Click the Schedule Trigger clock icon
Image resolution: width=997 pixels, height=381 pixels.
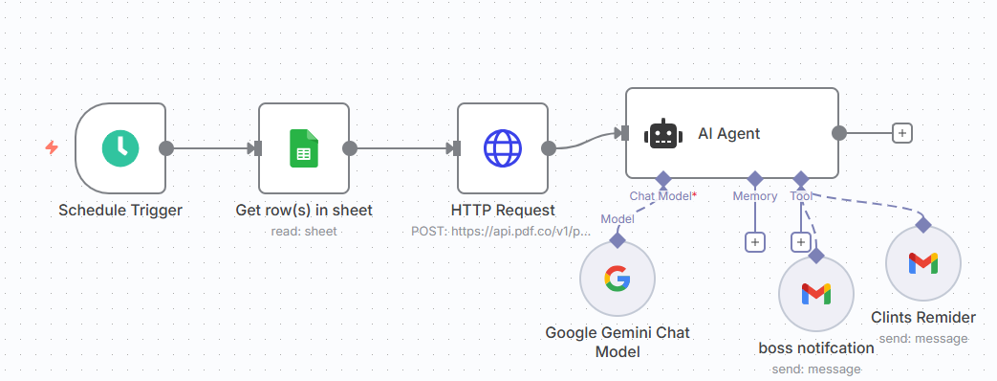pos(120,147)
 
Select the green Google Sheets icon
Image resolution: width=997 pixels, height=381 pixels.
pos(303,148)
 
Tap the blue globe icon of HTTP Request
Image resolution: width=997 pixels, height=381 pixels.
pos(502,148)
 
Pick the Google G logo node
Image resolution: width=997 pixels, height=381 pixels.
pos(617,279)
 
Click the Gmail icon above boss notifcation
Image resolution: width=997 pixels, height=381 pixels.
pos(815,293)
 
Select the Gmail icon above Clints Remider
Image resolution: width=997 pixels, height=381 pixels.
pos(922,263)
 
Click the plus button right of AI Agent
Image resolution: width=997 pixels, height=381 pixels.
pos(900,133)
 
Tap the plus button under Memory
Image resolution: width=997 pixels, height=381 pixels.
pos(755,243)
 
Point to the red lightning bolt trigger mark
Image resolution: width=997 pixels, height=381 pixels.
pos(52,147)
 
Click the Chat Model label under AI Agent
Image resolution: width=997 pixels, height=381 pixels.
pos(661,196)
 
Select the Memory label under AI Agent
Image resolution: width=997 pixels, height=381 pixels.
pos(754,196)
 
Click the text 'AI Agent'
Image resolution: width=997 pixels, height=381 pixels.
pos(728,133)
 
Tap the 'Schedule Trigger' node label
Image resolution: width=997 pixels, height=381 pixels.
pos(120,210)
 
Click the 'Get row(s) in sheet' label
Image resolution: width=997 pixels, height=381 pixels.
pos(304,210)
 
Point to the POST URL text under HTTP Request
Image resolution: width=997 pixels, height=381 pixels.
pos(502,231)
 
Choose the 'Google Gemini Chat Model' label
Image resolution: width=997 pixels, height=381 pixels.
pos(617,342)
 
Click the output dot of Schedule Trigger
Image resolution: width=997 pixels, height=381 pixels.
pos(166,148)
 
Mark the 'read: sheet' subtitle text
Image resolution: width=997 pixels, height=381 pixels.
pos(304,231)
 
